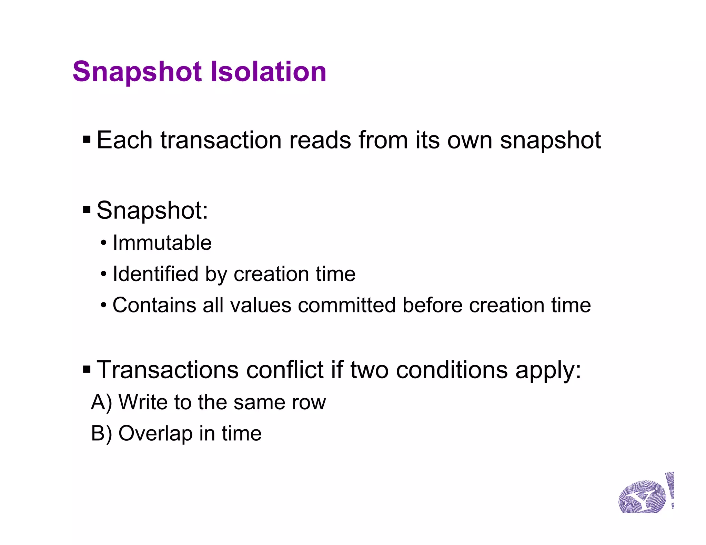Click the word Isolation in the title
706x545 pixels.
pyautogui.click(x=268, y=72)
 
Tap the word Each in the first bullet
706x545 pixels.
pyautogui.click(x=124, y=140)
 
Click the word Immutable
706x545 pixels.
pyautogui.click(x=162, y=243)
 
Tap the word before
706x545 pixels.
pyautogui.click(x=432, y=305)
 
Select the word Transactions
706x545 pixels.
pyautogui.click(x=168, y=370)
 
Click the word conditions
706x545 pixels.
pyautogui.click(x=452, y=370)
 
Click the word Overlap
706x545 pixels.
pyautogui.click(x=155, y=433)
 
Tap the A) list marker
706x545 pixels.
pyautogui.click(x=101, y=402)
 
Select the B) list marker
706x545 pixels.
pyautogui.click(x=101, y=433)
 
